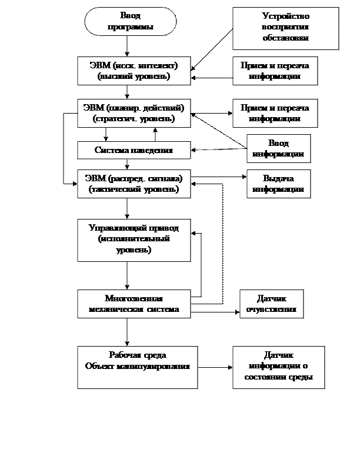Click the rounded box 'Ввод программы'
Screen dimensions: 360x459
[x=131, y=21]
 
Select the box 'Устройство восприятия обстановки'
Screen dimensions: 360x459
[x=285, y=28]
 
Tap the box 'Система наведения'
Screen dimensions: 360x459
[x=134, y=150]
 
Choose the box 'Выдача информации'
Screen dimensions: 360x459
[x=278, y=184]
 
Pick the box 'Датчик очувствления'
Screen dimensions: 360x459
[x=271, y=304]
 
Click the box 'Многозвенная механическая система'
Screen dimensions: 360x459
[x=134, y=304]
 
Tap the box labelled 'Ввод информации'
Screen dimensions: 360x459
[x=278, y=149]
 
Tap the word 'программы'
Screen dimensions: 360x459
[x=131, y=27]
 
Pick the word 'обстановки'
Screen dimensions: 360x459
[x=285, y=38]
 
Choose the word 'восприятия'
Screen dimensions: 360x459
[x=285, y=28]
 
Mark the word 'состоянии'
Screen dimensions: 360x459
[x=271, y=377]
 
